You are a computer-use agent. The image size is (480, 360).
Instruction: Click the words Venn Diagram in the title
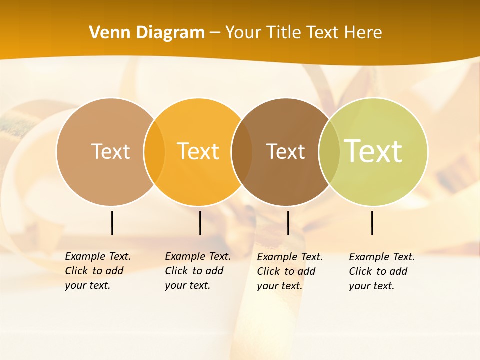coord(147,33)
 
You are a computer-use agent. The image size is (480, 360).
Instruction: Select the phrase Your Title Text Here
coord(303,33)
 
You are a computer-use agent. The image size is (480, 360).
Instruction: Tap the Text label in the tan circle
coord(110,151)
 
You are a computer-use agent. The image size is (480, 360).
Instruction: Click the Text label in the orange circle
coord(198,151)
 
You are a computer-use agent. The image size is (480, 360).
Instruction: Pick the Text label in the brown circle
coord(285,151)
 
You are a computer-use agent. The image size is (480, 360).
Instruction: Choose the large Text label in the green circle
coord(373,151)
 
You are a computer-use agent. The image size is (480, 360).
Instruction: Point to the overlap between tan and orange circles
coord(154,152)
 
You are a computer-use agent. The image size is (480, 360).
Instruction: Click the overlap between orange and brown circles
coord(242,152)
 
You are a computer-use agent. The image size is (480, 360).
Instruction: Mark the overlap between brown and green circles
coord(329,152)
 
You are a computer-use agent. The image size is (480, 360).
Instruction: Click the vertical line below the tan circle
coord(112,223)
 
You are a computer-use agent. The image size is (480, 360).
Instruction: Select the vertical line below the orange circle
coord(200,223)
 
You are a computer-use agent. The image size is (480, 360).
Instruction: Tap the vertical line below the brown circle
coord(288,223)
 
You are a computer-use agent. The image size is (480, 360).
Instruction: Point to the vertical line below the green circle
coord(372,223)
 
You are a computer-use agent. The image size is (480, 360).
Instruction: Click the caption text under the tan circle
coord(98,271)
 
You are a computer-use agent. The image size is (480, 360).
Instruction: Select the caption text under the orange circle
coord(198,271)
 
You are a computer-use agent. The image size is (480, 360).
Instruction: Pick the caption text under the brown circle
coord(290,271)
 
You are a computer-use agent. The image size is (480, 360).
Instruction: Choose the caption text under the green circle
coord(382,271)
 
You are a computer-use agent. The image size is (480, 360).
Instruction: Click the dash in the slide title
coord(215,33)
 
